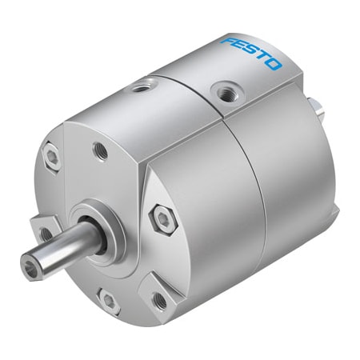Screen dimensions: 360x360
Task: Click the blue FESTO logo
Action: click(x=251, y=54)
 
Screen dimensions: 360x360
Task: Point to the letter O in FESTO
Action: click(x=274, y=65)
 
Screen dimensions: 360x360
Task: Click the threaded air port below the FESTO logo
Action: click(x=226, y=93)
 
